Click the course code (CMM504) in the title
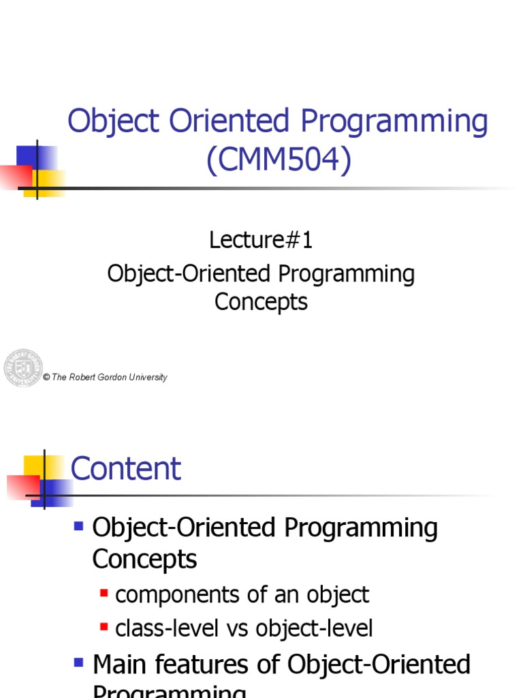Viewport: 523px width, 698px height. pyautogui.click(x=279, y=161)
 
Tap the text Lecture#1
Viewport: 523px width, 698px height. pyautogui.click(x=261, y=240)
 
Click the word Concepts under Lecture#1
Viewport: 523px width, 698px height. pyautogui.click(x=261, y=301)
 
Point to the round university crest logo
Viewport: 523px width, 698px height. pyautogui.click(x=23, y=368)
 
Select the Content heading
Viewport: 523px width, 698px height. pyautogui.click(x=126, y=469)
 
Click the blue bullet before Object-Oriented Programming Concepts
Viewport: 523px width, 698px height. pyautogui.click(x=78, y=526)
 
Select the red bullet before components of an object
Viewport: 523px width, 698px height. pyautogui.click(x=104, y=594)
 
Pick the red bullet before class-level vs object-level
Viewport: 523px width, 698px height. pyautogui.click(x=104, y=628)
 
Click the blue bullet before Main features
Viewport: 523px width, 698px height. pyautogui.click(x=78, y=662)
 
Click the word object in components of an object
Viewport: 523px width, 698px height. pyautogui.click(x=336, y=595)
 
